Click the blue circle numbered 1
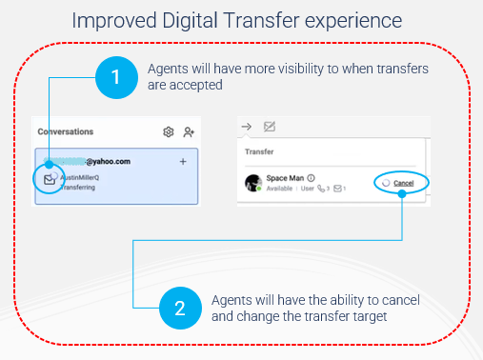point(115,79)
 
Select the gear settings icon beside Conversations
point(169,131)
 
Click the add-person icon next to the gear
point(189,131)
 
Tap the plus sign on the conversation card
point(182,162)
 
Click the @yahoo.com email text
point(108,161)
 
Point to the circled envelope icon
point(48,178)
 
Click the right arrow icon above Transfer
point(246,127)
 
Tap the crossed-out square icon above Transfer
point(270,127)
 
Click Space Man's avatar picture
point(252,183)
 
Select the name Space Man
point(285,178)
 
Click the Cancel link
point(403,183)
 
